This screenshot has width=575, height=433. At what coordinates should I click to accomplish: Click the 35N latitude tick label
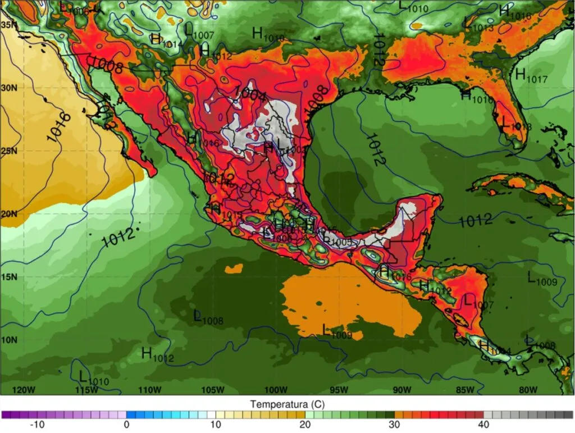8,25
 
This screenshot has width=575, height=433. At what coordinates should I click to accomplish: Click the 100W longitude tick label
276,390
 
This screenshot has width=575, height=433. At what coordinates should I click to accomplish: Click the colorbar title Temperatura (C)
287,404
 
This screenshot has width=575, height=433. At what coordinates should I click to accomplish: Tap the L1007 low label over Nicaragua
477,302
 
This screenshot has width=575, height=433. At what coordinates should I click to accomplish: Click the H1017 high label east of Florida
531,76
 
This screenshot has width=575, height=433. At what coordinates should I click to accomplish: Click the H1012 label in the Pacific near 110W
157,355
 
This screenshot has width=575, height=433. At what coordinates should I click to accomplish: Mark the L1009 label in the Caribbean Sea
542,279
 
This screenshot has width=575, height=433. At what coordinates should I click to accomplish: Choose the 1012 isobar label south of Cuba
476,220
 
